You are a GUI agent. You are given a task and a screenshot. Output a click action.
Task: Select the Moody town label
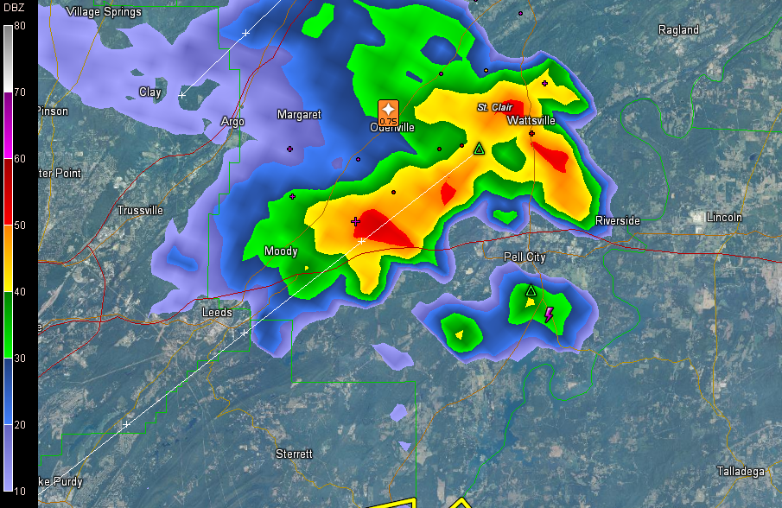281,251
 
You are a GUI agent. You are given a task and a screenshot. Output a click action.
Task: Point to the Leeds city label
217,312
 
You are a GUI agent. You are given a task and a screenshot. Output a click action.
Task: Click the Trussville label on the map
139,210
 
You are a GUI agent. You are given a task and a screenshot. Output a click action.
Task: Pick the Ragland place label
678,29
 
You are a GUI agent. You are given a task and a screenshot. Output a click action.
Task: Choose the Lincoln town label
724,217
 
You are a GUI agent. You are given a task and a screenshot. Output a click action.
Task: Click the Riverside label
618,221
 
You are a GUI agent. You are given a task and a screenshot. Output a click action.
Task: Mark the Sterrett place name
294,454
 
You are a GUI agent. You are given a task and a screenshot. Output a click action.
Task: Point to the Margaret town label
299,114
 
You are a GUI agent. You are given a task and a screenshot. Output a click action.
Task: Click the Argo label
233,122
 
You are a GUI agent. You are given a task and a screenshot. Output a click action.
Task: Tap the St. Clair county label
495,107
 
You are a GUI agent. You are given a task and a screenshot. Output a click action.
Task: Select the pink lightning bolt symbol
549,314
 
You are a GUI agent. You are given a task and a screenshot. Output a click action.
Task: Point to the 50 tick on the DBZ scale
20,225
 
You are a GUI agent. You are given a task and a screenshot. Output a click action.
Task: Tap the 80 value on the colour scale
20,26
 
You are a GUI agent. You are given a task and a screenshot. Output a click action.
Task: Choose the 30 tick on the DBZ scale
20,359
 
